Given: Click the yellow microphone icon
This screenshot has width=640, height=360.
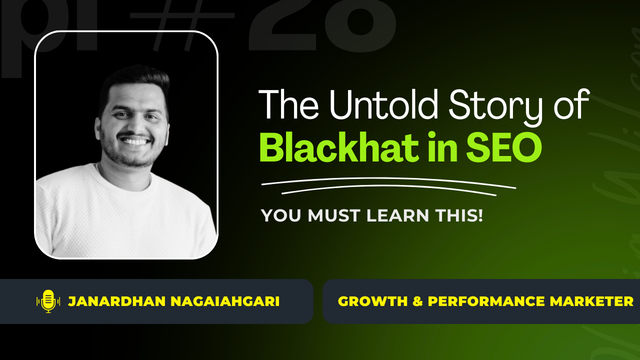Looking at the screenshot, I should click(x=48, y=301).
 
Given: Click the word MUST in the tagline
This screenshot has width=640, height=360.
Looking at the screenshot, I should click(x=336, y=215).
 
